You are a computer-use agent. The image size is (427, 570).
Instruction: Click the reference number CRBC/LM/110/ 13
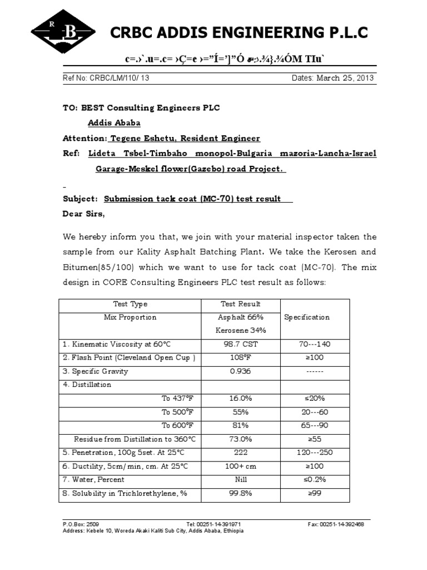tap(106, 78)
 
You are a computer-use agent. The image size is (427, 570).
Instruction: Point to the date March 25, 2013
tap(332, 78)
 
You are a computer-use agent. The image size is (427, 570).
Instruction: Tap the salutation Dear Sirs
tap(83, 214)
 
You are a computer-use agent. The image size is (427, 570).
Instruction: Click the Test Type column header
tap(130, 304)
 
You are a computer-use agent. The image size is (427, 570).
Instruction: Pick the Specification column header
tap(307, 317)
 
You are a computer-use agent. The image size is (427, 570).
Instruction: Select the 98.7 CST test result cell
tap(241, 344)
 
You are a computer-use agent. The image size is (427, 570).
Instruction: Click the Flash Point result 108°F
tap(241, 357)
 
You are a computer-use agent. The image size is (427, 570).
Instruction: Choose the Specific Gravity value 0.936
tap(241, 371)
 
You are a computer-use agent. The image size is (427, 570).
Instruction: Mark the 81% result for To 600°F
tap(241, 426)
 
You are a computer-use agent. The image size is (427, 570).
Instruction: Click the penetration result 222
tap(241, 453)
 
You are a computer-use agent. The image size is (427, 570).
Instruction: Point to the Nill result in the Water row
tap(241, 479)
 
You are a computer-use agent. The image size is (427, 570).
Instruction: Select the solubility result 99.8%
tap(241, 493)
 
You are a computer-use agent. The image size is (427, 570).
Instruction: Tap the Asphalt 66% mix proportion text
tap(241, 317)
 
